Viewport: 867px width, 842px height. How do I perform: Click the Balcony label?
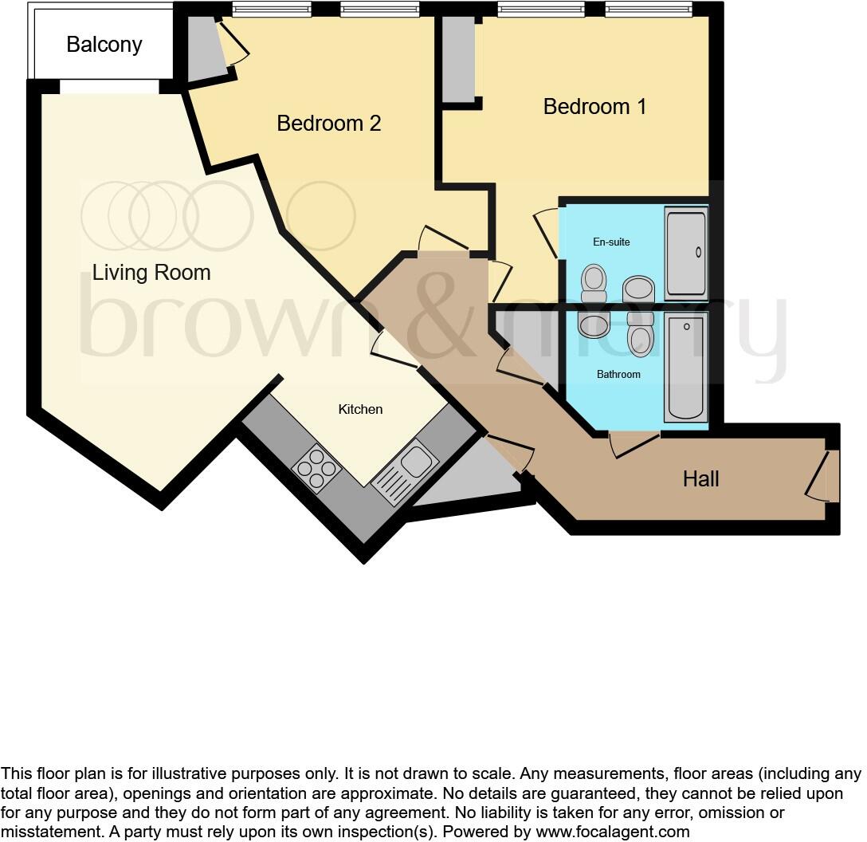coord(104,45)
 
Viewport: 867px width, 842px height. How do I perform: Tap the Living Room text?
coord(151,273)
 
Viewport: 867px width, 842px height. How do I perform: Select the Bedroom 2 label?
coord(328,124)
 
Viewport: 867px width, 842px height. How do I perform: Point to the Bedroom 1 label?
coord(594,107)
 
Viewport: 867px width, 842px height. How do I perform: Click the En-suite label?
coord(611,242)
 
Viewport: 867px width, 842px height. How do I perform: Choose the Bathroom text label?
coord(618,374)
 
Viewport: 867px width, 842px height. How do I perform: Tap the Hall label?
coord(700,479)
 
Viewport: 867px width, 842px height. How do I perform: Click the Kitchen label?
coord(360,409)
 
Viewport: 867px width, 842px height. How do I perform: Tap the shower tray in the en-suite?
coord(686,253)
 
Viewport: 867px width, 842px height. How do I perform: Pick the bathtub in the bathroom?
coord(685,367)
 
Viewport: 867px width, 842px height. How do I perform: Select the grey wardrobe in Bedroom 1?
coord(458,60)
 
